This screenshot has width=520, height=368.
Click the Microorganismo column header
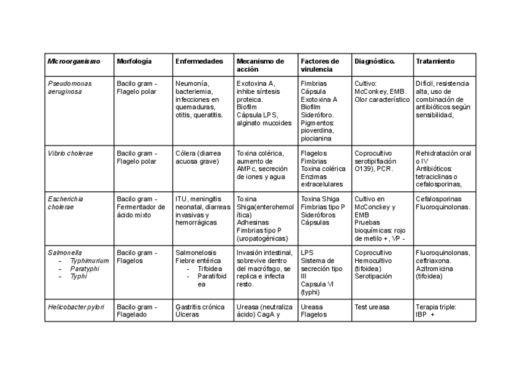pyautogui.click(x=74, y=61)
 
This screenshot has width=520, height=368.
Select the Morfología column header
pyautogui.click(x=134, y=61)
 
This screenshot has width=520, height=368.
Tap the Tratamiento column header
pyautogui.click(x=435, y=61)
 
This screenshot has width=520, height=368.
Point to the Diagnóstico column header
pyautogui.click(x=375, y=61)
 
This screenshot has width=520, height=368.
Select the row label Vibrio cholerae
pyautogui.click(x=70, y=153)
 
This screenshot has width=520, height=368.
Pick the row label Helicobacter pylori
pyautogui.click(x=76, y=307)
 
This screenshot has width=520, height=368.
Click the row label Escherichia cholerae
pyautogui.click(x=66, y=203)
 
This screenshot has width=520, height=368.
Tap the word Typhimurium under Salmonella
pyautogui.click(x=89, y=261)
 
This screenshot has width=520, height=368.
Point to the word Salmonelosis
pyautogui.click(x=196, y=253)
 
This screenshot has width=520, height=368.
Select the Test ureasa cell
pyautogui.click(x=372, y=307)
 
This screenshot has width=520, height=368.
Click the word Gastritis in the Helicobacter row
pyautogui.click(x=189, y=307)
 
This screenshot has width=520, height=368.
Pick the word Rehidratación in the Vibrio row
pyautogui.click(x=437, y=153)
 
